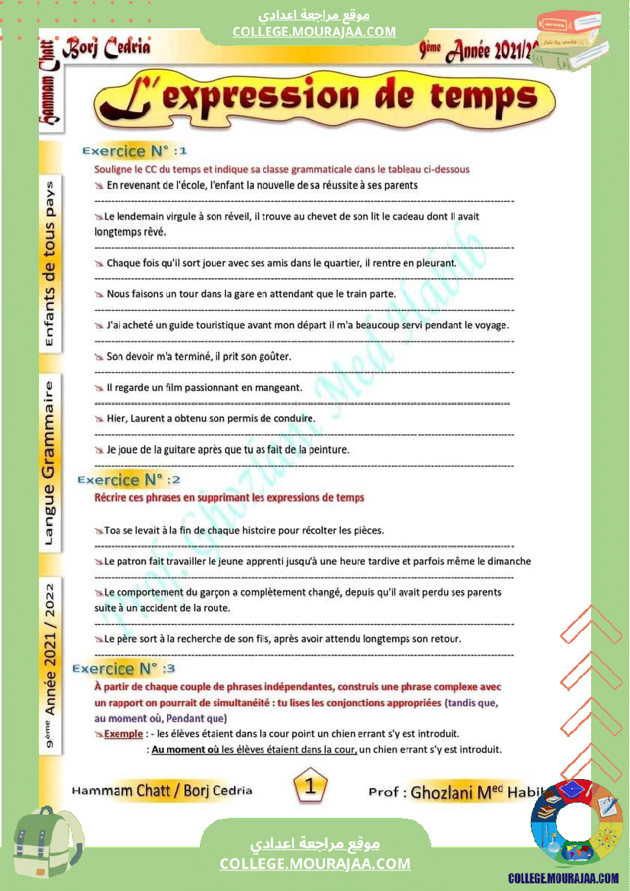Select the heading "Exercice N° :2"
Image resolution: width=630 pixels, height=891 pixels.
pyautogui.click(x=129, y=480)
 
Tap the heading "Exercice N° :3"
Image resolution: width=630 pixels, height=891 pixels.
pyautogui.click(x=124, y=669)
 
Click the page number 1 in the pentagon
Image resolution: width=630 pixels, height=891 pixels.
pyautogui.click(x=310, y=785)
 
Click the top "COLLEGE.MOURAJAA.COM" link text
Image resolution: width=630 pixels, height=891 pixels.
pyautogui.click(x=314, y=31)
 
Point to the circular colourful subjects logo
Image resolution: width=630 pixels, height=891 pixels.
pyautogui.click(x=577, y=822)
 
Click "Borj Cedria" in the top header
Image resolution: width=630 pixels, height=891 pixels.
pyautogui.click(x=107, y=48)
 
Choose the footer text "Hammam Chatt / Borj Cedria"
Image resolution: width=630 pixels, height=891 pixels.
pyautogui.click(x=162, y=790)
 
